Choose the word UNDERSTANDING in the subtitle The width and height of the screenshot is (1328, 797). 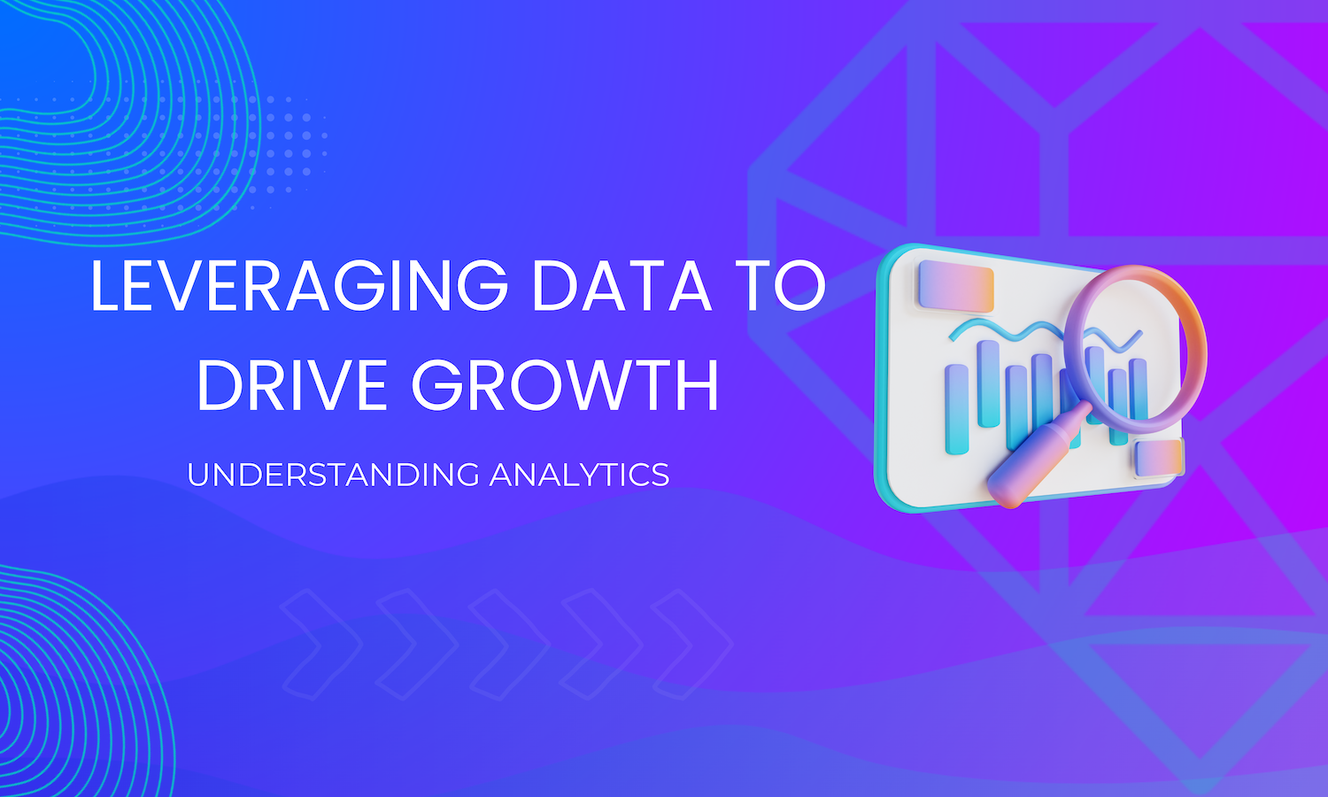(x=333, y=475)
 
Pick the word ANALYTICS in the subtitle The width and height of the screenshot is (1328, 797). (x=579, y=475)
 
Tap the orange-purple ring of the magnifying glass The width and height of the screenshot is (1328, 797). (x=1195, y=354)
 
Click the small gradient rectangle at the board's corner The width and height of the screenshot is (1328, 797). (x=1159, y=457)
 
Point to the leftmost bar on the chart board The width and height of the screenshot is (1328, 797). (x=957, y=408)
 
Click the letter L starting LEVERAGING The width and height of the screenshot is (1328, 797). (x=106, y=287)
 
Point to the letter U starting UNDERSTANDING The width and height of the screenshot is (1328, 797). (x=197, y=475)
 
